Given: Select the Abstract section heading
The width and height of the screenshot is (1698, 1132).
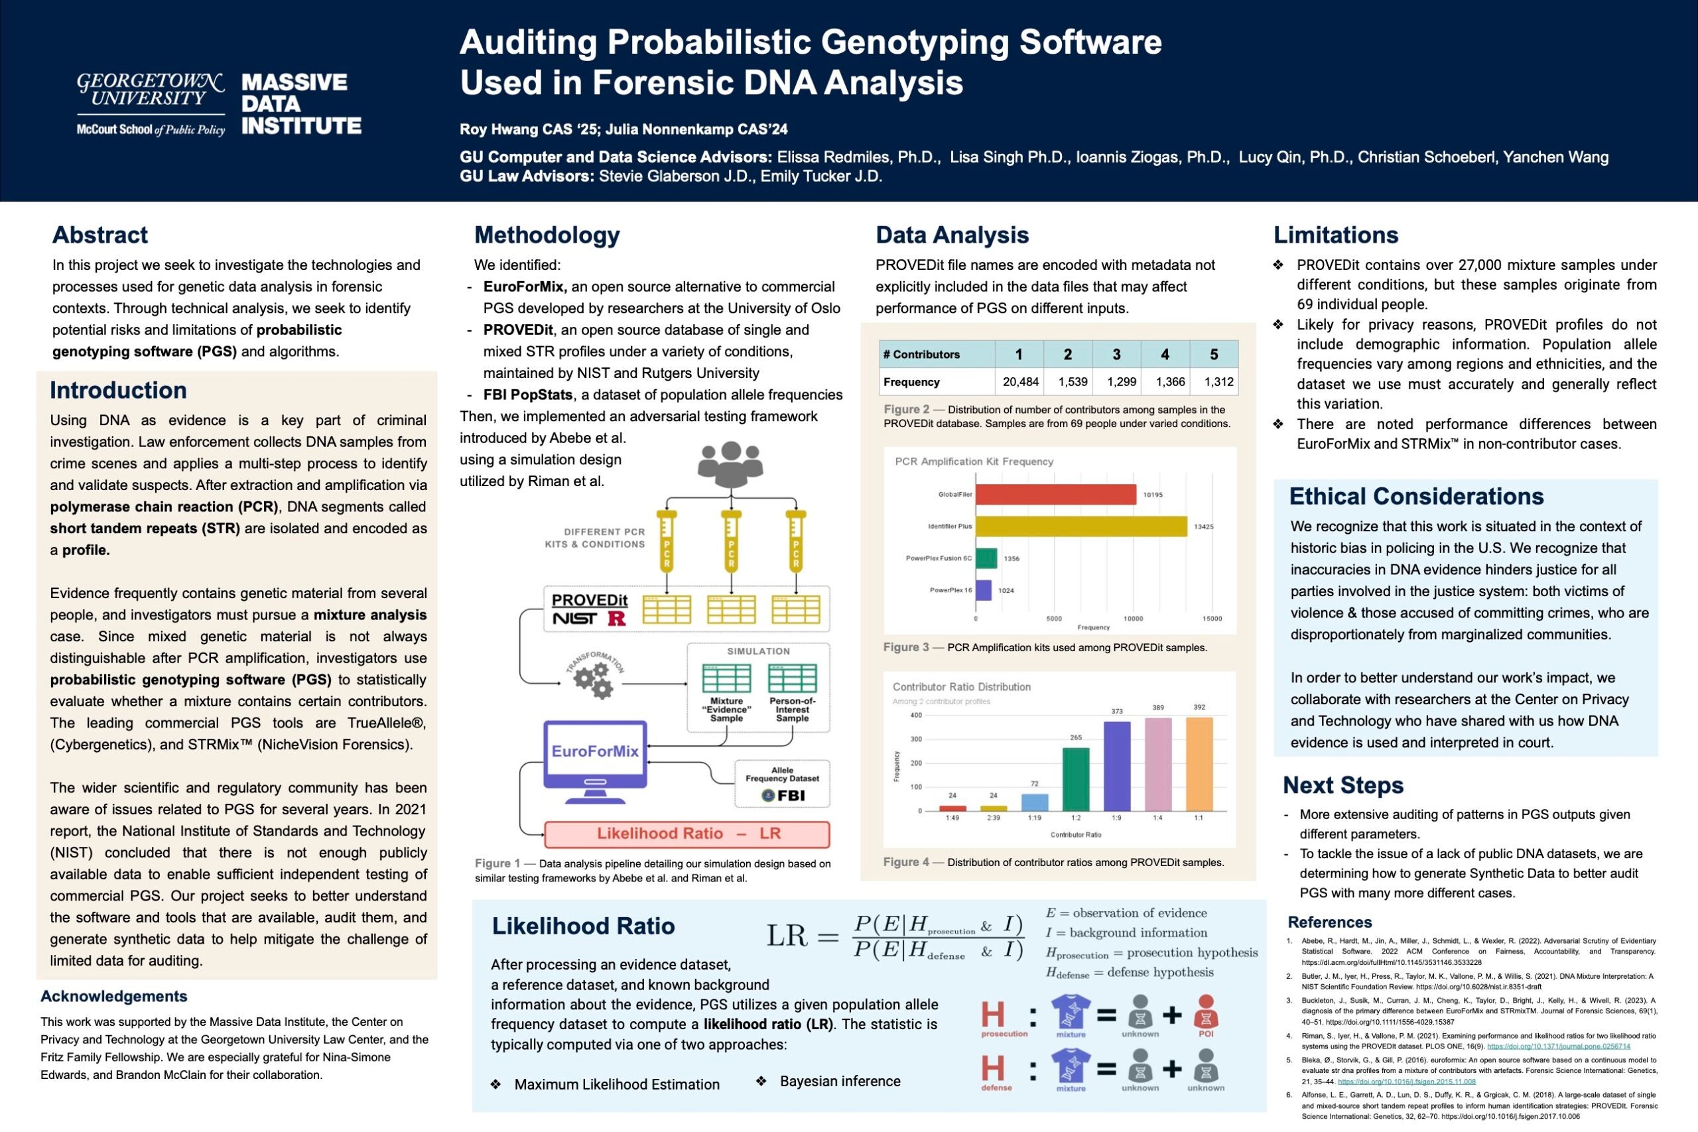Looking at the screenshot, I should point(99,235).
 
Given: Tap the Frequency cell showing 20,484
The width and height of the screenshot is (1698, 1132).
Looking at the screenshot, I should point(1020,382).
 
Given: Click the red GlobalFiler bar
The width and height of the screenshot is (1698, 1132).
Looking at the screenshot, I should point(1055,495).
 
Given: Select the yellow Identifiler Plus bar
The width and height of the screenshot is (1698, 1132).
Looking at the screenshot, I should point(1080,527).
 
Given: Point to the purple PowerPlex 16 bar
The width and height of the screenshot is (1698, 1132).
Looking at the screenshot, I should point(983,590).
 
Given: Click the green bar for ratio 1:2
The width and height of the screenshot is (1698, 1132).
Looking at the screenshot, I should point(1076,779).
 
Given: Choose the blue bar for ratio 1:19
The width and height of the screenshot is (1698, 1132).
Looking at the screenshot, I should point(1035,802).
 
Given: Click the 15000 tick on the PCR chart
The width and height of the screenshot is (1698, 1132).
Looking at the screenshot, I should point(1212,619).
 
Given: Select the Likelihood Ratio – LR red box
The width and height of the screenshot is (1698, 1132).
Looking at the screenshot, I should point(686,834).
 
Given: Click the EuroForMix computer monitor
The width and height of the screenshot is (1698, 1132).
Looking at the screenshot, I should point(595,755).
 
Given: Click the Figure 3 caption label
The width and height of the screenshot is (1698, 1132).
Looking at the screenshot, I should point(905,648).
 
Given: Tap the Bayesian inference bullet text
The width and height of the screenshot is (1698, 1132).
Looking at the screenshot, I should point(840,1082).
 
